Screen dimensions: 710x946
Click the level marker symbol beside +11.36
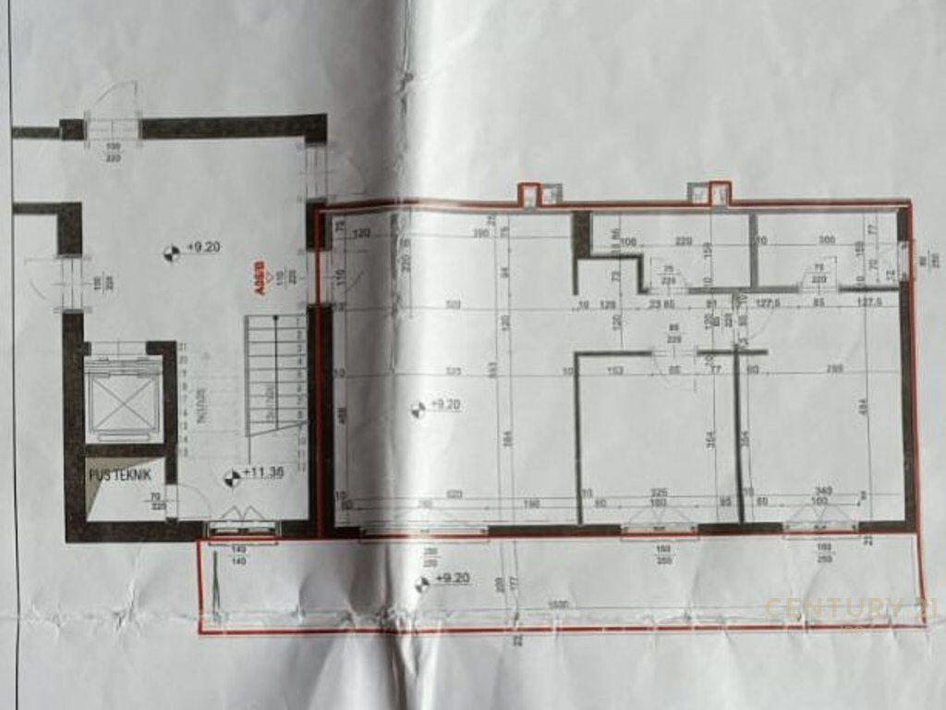[231, 477]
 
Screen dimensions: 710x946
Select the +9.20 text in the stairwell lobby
[201, 248]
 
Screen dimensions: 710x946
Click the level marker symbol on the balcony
[421, 582]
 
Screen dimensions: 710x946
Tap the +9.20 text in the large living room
[445, 405]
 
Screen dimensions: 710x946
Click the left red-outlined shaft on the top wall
[528, 193]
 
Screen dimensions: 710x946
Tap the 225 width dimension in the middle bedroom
[659, 493]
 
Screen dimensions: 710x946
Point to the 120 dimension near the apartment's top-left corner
[361, 233]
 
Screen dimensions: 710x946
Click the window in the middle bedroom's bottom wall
[660, 529]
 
